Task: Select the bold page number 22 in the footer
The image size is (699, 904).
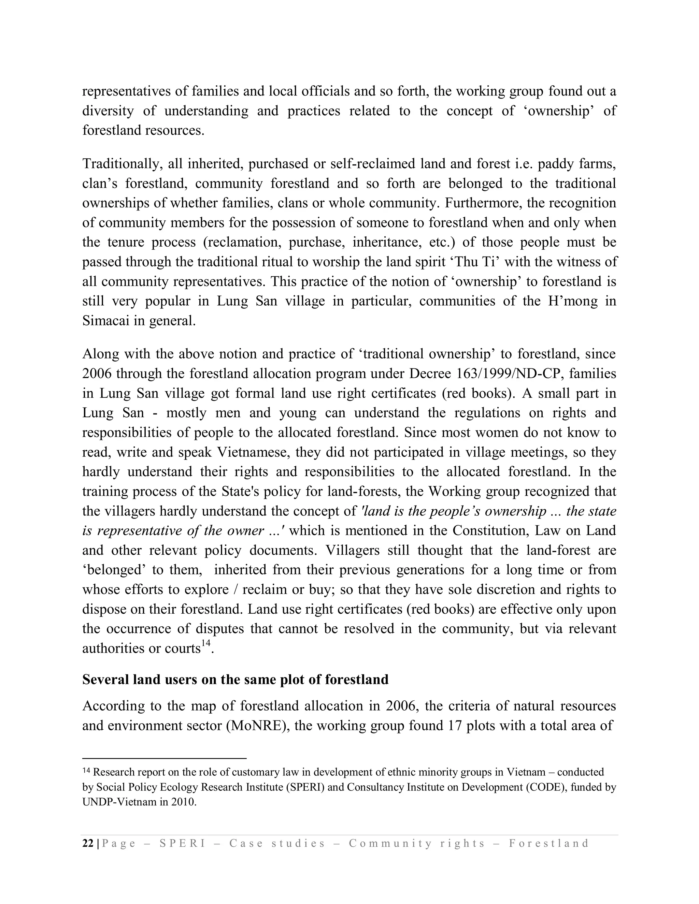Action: (88, 843)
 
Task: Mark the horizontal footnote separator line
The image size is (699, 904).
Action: (165, 758)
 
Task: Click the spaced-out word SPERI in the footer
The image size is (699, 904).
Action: (182, 844)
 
